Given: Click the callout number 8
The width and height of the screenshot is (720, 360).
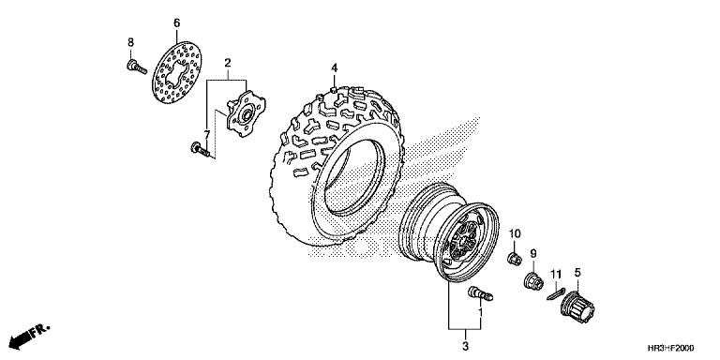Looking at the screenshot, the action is tap(131, 42).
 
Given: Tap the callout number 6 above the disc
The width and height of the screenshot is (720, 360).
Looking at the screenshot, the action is tap(177, 22).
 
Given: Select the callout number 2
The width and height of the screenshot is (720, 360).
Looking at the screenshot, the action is tap(227, 63).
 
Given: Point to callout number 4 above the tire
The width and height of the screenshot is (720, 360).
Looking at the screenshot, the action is tap(335, 68).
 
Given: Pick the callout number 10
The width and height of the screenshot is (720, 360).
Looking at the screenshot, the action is tap(515, 234).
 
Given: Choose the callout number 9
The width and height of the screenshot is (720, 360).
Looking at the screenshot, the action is tap(533, 253).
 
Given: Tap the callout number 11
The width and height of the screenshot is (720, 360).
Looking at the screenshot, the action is tap(556, 275).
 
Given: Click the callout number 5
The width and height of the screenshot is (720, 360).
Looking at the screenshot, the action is tap(577, 273).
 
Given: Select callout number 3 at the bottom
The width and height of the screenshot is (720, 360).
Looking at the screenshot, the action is tap(465, 346).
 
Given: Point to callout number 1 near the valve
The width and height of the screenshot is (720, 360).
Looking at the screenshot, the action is tap(481, 313).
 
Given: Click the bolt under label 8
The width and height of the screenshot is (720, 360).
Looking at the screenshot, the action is tap(136, 67).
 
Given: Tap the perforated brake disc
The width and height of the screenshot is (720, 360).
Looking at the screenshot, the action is tap(177, 72).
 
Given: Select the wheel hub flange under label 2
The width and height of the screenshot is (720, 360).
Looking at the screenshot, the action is tap(246, 113).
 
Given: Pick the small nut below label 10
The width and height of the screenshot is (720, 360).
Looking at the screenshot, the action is tap(515, 259).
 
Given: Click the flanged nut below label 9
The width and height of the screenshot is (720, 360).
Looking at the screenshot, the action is tap(533, 280).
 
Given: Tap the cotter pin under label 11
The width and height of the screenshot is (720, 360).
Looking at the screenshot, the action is tap(556, 293).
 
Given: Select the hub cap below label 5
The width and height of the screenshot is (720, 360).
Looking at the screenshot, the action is tap(577, 307).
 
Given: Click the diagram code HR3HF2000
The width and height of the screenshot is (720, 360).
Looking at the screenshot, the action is tap(671, 348).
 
